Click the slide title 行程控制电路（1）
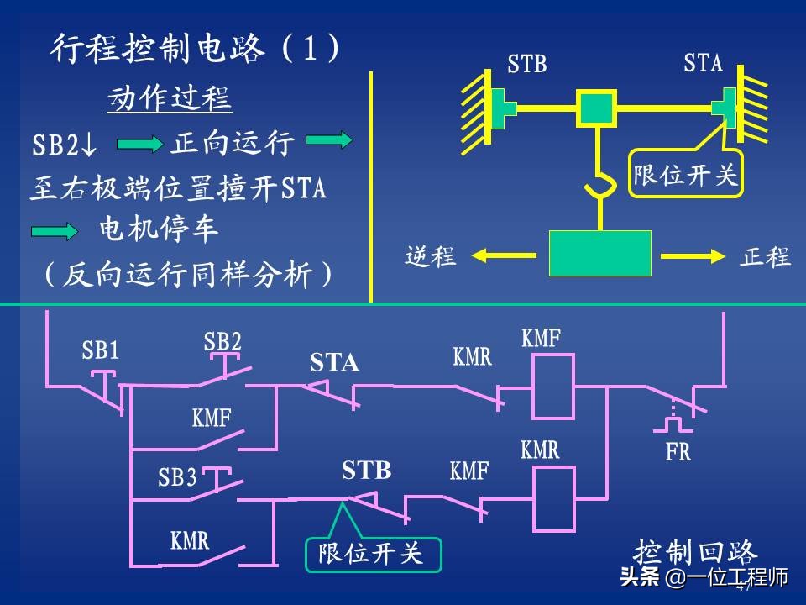196,50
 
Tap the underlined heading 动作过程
169,100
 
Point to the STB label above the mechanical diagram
526,65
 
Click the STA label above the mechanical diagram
703,63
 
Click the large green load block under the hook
599,253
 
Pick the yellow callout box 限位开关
685,175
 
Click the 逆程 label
430,257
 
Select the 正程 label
766,257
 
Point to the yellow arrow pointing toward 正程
692,254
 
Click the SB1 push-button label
101,350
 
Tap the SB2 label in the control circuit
222,342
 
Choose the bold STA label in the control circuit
334,363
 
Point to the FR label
678,452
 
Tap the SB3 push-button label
177,478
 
